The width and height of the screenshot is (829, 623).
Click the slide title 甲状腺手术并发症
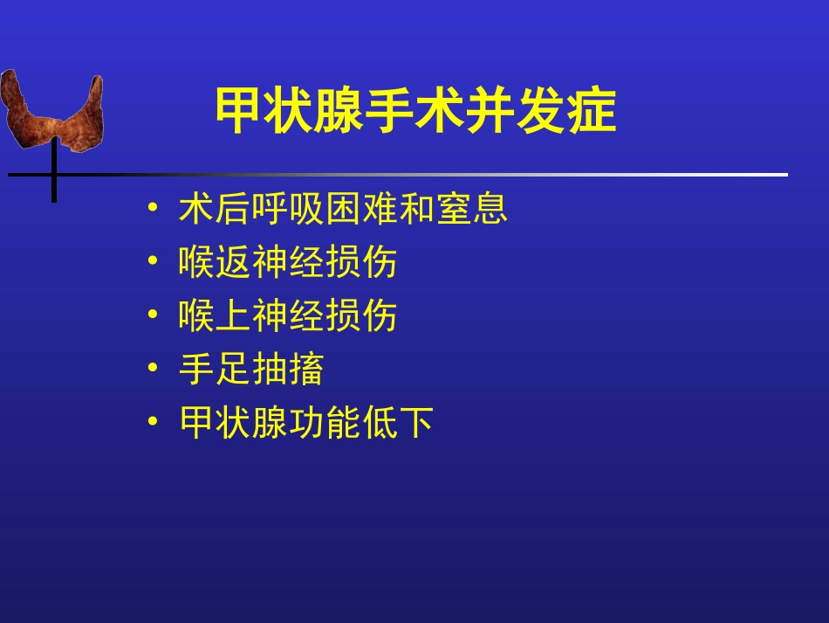click(x=415, y=112)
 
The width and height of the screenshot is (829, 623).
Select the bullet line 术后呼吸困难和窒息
click(x=343, y=210)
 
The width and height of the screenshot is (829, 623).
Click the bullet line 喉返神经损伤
click(x=288, y=262)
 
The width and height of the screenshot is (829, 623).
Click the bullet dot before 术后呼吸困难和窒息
click(x=154, y=210)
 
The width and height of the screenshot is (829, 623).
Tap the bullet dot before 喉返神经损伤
click(x=154, y=262)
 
